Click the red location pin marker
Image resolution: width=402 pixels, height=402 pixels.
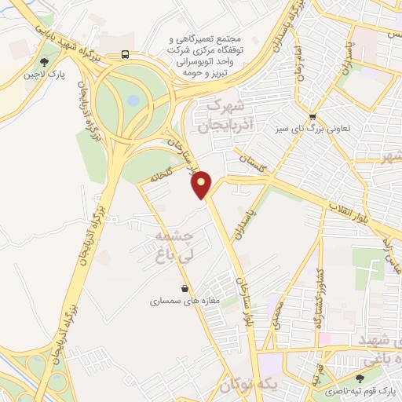pos(203,185)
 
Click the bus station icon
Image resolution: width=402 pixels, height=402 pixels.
pos(125,54)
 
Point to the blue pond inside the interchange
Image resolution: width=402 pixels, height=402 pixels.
pos(133,100)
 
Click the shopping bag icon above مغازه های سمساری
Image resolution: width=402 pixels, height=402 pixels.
pos(184,288)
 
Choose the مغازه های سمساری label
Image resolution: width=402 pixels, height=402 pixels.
pos(181,301)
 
